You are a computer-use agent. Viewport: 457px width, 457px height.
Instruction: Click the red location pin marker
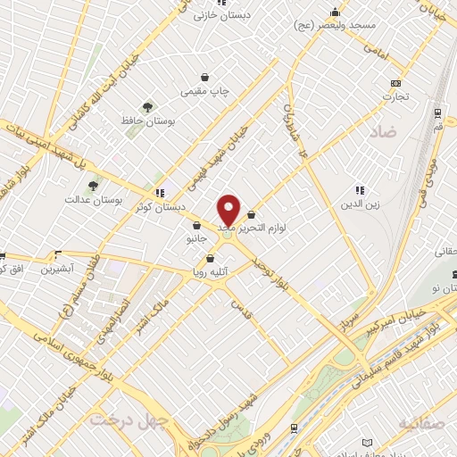point(229,211)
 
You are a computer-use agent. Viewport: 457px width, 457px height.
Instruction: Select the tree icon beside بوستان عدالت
point(93,186)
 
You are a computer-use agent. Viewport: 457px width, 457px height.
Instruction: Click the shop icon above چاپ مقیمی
point(206,78)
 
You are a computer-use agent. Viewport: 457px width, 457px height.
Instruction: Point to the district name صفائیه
point(421,422)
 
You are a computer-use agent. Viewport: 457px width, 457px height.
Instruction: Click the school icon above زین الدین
point(360,190)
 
